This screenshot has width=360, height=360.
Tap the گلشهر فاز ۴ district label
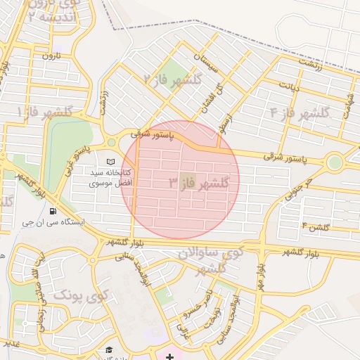(x=300, y=111)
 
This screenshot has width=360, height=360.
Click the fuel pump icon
(x=53, y=210)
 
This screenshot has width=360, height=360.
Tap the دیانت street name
(x=290, y=86)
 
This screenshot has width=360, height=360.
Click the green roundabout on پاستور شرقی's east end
(x=335, y=162)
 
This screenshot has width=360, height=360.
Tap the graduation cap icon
(x=109, y=349)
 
